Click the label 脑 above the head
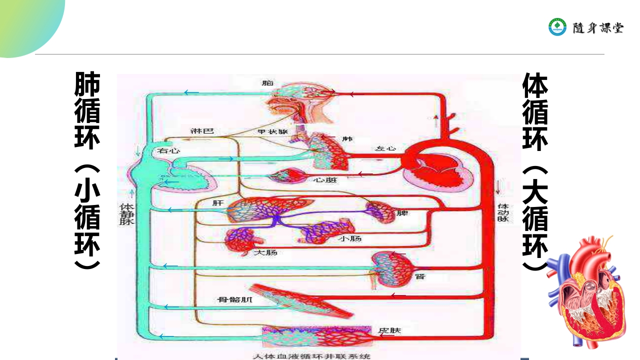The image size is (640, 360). point(268,82)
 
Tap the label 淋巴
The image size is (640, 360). point(202,131)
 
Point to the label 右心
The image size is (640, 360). point(169,150)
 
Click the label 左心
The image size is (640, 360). point(385,148)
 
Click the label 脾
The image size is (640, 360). point(402,213)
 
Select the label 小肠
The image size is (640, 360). point(350,238)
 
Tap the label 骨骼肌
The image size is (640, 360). point(234,300)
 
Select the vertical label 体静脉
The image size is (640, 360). point(125,213)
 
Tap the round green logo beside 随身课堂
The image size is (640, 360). point(557,27)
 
